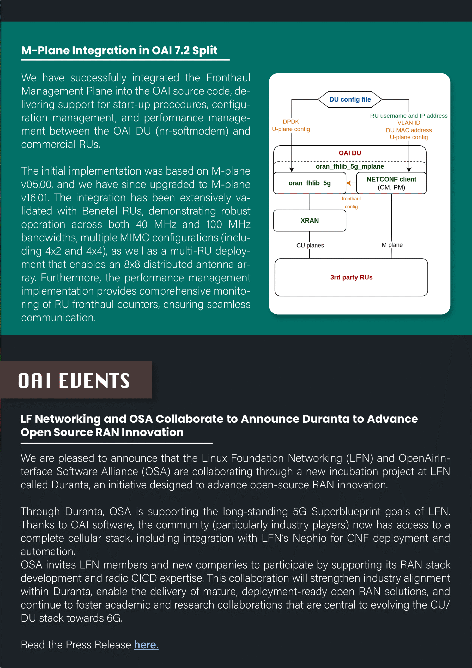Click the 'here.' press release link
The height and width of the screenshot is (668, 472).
coord(146,645)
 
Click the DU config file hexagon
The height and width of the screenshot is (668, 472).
coord(350,99)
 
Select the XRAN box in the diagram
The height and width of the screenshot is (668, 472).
coord(310,220)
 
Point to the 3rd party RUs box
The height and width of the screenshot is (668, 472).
coord(351,277)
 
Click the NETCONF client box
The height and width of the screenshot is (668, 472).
coord(391,183)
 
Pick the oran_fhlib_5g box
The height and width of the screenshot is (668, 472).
coord(310,183)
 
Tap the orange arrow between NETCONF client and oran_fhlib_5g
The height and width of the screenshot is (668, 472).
coord(351,183)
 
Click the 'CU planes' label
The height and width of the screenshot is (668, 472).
coord(310,245)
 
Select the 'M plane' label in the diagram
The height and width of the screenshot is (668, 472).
coord(392,245)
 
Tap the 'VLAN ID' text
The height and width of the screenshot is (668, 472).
coord(409,123)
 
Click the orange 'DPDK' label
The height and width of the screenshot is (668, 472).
coord(291,122)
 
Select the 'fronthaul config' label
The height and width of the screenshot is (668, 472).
coord(351,202)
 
